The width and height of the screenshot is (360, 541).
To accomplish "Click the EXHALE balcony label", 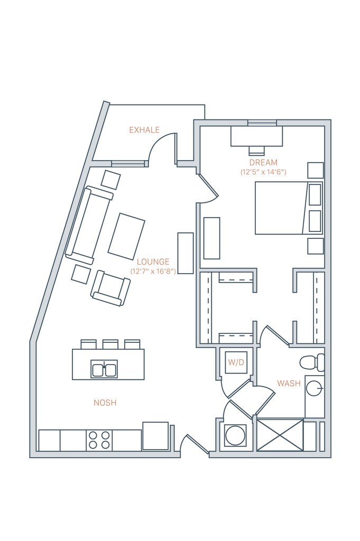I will (144, 130).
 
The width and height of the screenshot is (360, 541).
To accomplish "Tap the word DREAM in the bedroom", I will (263, 163).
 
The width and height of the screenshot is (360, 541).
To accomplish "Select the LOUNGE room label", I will (153, 262).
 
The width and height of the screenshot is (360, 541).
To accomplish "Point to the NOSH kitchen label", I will (105, 403).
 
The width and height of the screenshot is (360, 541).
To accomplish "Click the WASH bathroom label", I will (289, 383).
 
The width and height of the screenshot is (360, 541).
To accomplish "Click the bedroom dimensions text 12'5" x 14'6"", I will (263, 172).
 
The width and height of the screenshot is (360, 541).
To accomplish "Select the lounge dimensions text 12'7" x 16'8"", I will (153, 271).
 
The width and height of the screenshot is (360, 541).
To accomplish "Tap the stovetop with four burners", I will (99, 440).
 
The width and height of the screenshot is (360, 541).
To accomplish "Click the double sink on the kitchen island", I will (104, 369).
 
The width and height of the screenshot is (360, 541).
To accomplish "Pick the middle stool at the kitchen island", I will (110, 344).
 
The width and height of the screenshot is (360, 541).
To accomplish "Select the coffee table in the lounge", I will (126, 236).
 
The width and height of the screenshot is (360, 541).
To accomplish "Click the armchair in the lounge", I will (110, 287).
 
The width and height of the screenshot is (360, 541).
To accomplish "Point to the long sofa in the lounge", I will (89, 225).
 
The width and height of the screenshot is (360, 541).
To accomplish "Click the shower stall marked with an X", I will (280, 435).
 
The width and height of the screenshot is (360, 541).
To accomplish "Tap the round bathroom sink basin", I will (315, 388).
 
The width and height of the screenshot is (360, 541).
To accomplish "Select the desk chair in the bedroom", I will (256, 150).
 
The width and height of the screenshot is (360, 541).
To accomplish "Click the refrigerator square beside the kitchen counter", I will (155, 436).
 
